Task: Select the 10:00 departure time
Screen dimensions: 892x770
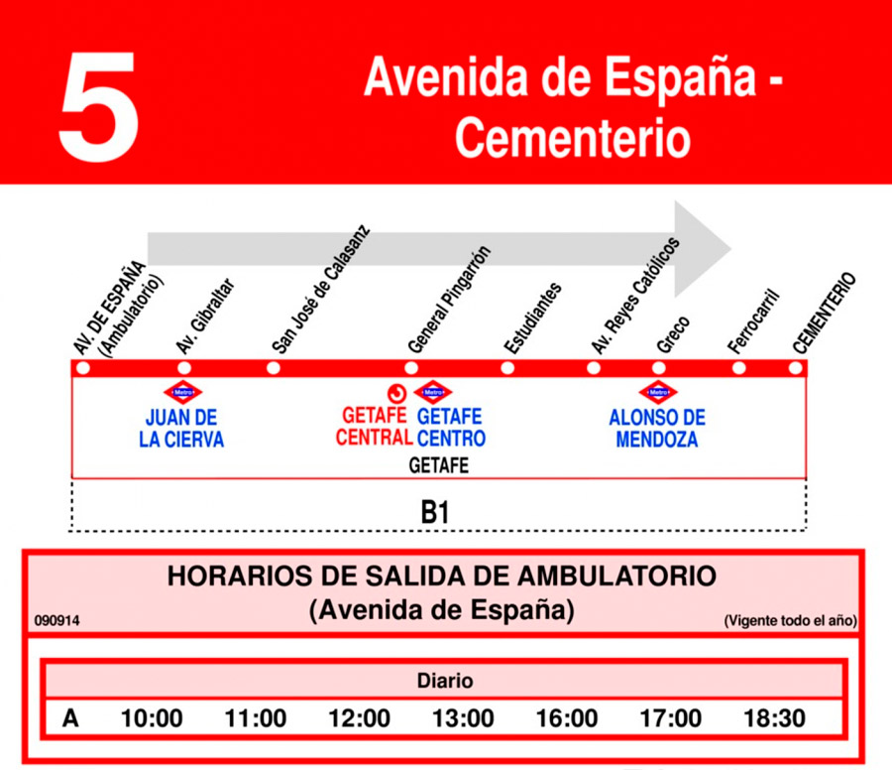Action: (152, 718)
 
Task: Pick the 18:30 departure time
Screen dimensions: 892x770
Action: (775, 718)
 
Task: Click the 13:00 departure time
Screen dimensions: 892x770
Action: (463, 718)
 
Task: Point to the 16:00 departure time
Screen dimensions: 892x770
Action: (566, 718)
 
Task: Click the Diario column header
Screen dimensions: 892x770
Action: (444, 681)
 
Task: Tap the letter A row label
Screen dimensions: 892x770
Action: (70, 718)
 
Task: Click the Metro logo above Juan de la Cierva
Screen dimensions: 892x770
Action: (181, 391)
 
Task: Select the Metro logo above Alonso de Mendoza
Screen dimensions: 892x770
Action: (656, 391)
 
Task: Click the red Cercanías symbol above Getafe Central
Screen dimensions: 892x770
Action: (397, 391)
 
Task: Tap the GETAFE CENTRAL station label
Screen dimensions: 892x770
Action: (374, 427)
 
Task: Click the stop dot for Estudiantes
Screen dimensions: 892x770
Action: (507, 368)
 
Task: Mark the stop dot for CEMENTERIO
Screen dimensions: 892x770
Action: (795, 368)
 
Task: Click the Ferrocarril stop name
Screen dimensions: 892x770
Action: (754, 322)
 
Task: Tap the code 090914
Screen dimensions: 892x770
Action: (56, 621)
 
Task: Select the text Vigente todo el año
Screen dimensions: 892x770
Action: (790, 621)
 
